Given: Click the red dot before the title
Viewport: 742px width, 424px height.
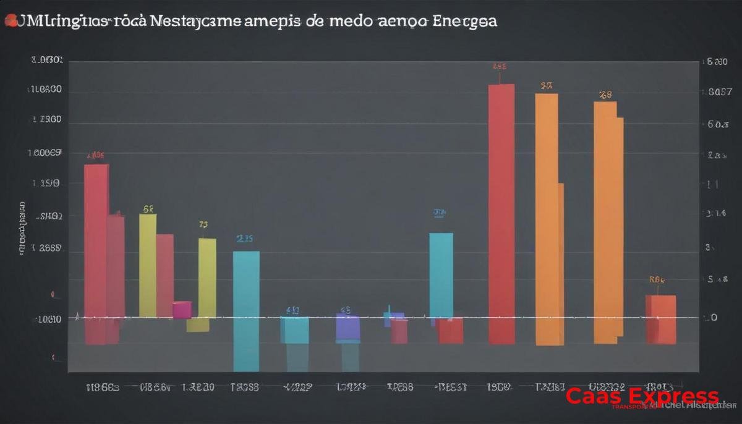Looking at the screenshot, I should click(11, 22).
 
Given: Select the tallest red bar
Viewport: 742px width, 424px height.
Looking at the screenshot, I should click(501, 213).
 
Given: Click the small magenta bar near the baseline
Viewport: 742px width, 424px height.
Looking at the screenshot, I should click(182, 310).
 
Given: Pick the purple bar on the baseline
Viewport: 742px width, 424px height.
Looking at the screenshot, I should click(348, 328).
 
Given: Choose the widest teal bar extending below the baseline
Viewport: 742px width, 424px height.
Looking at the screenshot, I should click(246, 309).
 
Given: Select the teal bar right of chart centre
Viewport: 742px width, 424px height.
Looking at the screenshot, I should click(441, 275).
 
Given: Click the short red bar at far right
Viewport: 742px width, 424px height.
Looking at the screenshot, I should click(660, 319).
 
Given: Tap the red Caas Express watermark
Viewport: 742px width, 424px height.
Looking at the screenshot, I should click(642, 396).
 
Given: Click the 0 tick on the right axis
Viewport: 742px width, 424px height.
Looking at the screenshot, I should click(713, 318).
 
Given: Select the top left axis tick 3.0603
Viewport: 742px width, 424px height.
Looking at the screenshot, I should click(46, 61).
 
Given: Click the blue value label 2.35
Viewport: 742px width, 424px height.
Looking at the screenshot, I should click(245, 239).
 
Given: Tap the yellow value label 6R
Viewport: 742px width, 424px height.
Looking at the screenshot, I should click(148, 209).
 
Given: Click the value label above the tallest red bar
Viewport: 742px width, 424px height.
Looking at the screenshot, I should click(500, 66).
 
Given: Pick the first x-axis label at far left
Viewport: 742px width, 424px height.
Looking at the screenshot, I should click(102, 388).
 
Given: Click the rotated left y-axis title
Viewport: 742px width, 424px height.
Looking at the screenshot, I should click(22, 229).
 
